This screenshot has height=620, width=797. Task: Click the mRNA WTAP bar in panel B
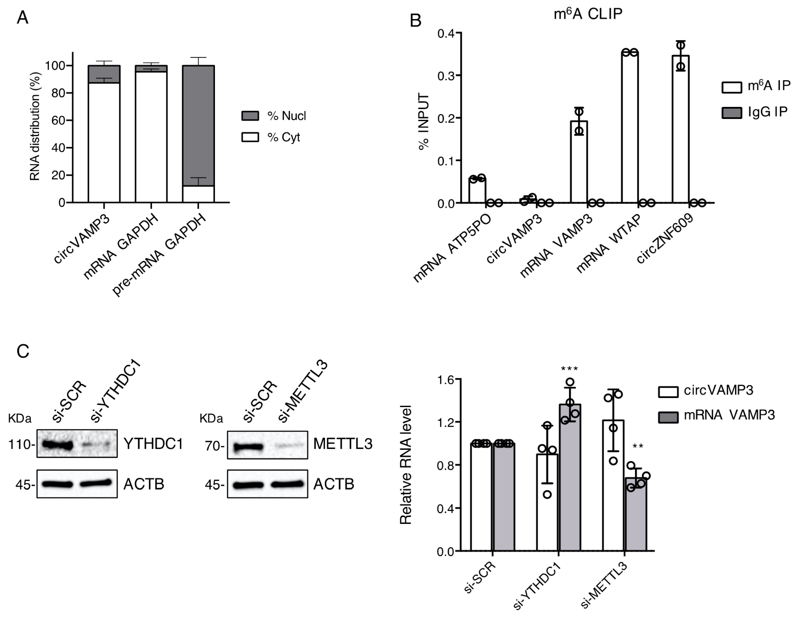point(630,128)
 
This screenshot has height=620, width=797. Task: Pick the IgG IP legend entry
point(755,112)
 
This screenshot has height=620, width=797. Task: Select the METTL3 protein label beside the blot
point(343,444)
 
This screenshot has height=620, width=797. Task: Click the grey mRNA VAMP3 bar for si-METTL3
point(636,514)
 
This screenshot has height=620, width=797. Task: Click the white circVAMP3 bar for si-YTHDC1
point(547,503)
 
